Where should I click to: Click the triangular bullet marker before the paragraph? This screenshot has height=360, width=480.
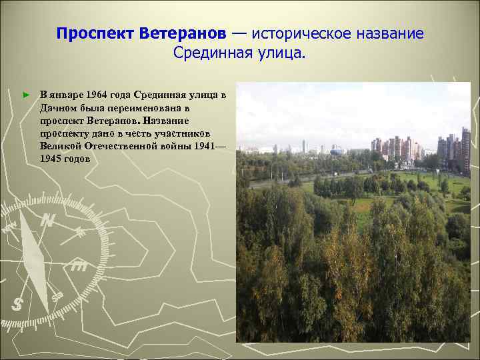(26, 96)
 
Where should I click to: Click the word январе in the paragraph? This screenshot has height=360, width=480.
(69, 95)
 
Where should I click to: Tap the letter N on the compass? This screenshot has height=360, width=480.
(47, 220)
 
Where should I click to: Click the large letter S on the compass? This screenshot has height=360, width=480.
(19, 304)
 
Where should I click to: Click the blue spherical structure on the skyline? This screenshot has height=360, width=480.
(339, 151)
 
